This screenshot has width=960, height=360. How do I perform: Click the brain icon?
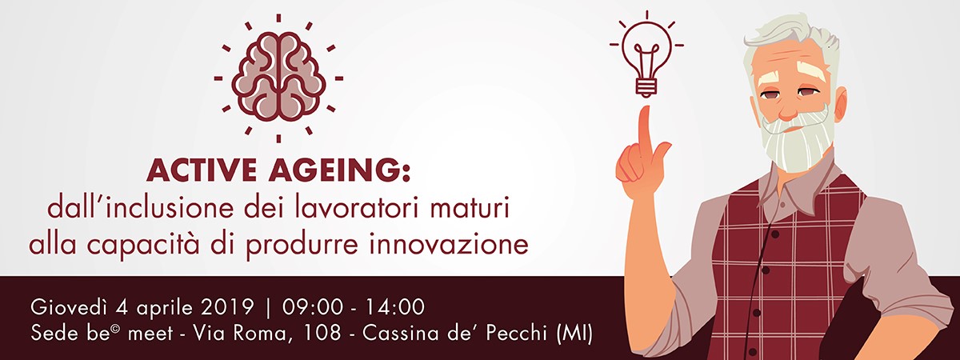[x=278, y=77]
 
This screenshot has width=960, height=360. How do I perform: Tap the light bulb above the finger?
[x=646, y=58]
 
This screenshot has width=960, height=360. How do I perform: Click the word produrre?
[x=302, y=245]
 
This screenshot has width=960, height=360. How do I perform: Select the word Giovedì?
[x=69, y=307]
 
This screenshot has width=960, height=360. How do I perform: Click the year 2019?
[x=227, y=307]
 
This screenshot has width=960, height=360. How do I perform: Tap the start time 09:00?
[x=313, y=307]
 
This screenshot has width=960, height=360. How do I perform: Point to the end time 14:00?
[x=394, y=307]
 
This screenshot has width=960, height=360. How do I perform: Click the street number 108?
[x=322, y=334]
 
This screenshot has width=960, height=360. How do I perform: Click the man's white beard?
[x=797, y=137]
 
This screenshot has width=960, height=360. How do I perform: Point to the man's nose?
[x=787, y=108]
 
